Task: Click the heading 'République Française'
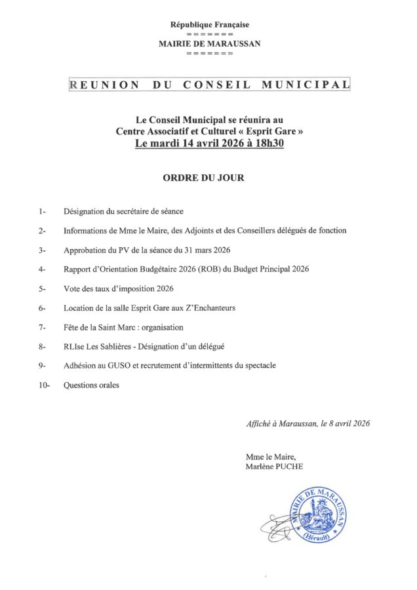click(209, 25)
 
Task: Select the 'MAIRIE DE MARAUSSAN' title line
click(209, 43)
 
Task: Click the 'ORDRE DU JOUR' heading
click(210, 178)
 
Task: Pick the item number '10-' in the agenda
click(45, 385)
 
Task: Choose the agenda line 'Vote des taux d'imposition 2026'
click(118, 288)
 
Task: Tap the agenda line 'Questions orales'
click(91, 385)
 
